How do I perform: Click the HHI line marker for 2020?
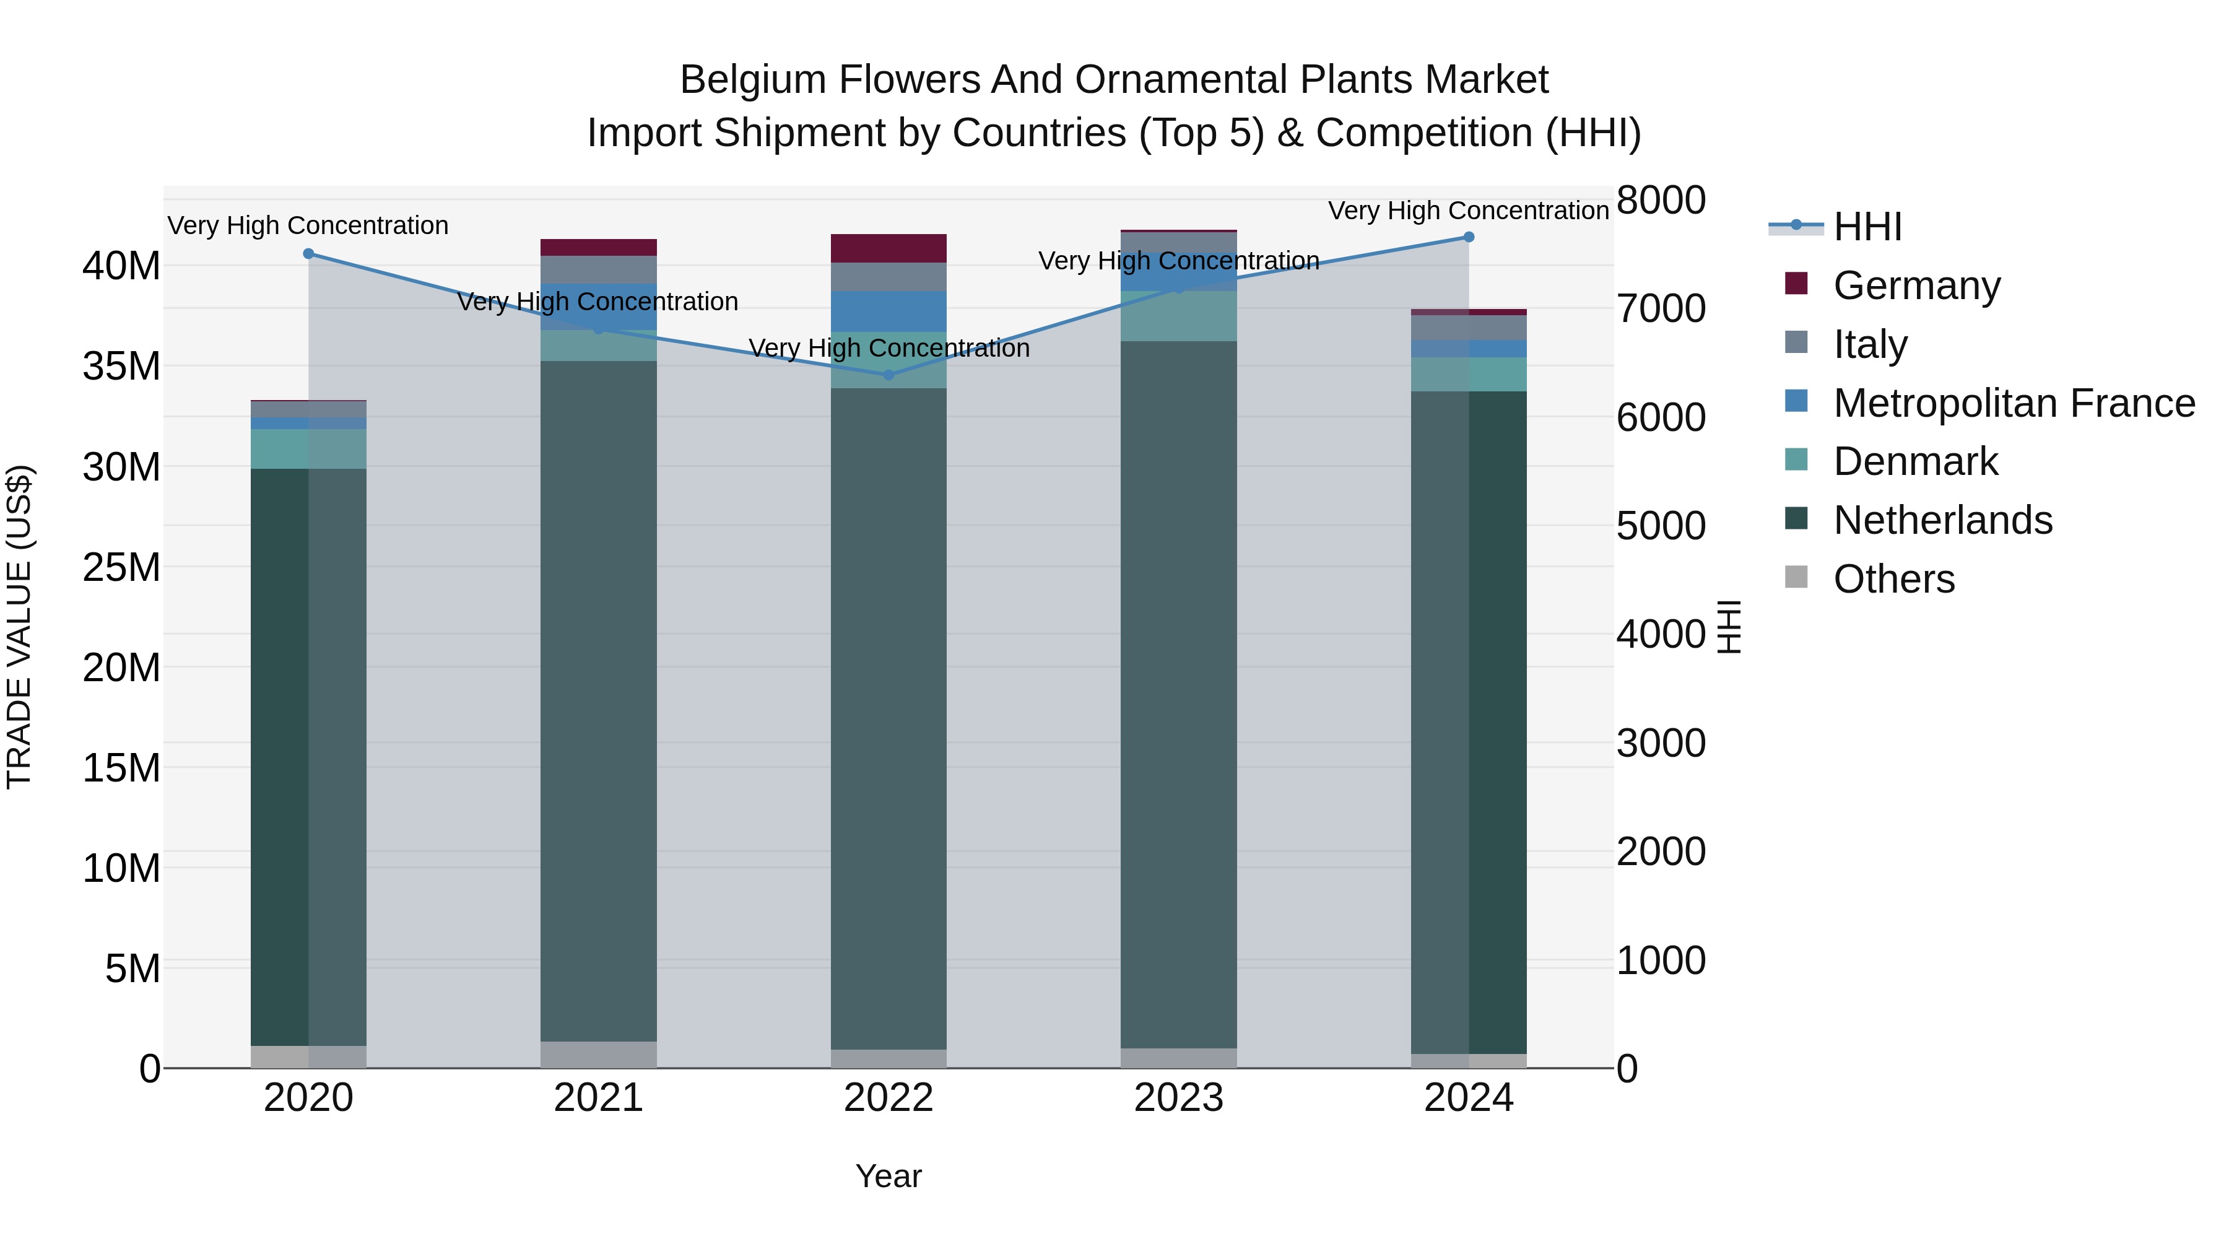coord(308,253)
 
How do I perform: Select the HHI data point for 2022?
coord(888,375)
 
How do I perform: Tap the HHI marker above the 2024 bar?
coord(1469,237)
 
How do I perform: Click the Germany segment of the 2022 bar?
coord(888,248)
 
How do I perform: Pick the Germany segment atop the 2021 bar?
coord(598,248)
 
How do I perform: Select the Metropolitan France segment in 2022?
coord(888,311)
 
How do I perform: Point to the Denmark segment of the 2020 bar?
coord(308,449)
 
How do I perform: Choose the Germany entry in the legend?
coord(1916,285)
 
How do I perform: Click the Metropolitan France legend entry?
coord(2014,403)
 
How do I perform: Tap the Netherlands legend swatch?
coord(1796,520)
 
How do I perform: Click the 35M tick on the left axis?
coord(121,366)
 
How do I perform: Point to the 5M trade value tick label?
coord(131,969)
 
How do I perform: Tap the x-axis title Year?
coord(888,1176)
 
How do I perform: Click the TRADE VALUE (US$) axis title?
coord(19,627)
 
